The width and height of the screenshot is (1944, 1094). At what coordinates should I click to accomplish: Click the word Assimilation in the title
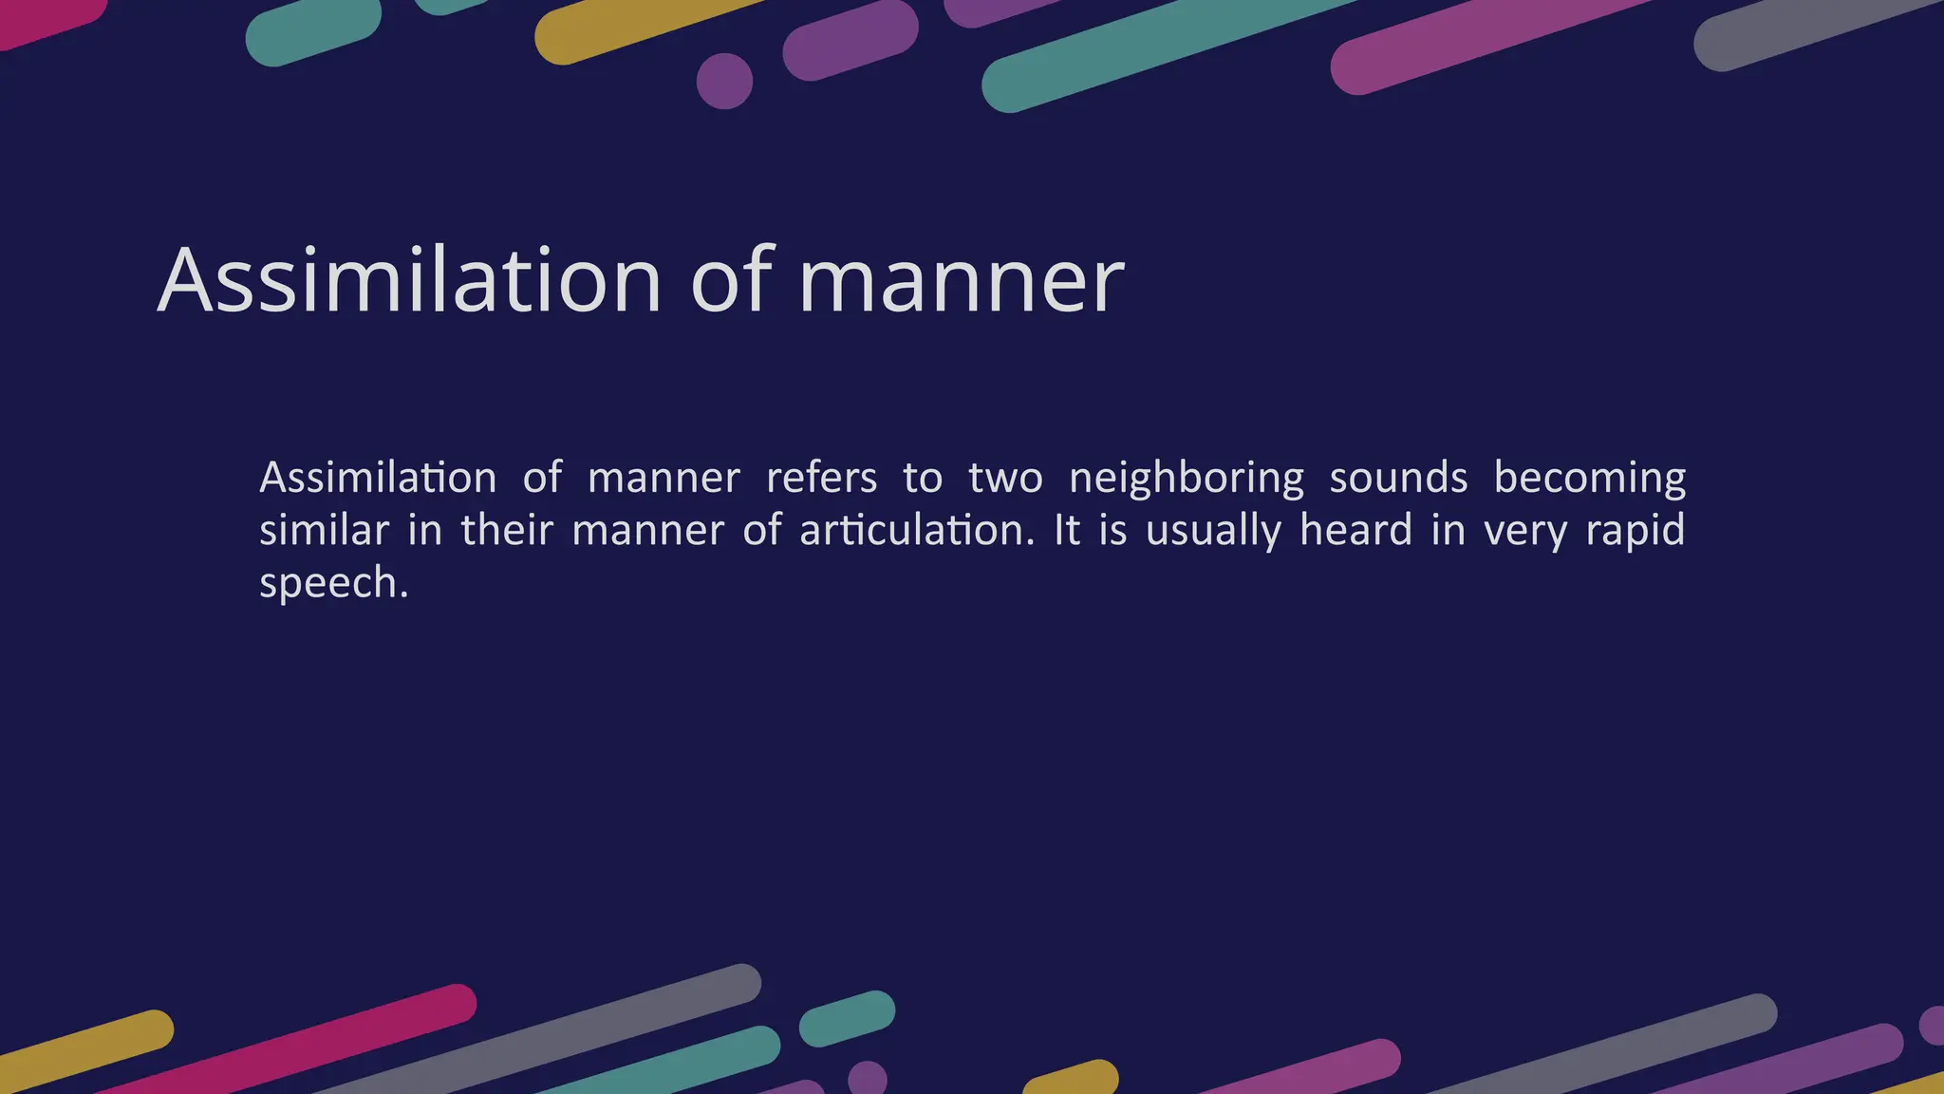click(x=408, y=280)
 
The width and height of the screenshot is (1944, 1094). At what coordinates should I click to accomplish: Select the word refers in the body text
click(x=821, y=478)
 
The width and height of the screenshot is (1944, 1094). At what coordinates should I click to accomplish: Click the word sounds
click(x=1398, y=478)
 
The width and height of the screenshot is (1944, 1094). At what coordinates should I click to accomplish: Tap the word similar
click(x=324, y=530)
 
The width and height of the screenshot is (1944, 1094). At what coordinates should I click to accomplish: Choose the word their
click(x=506, y=530)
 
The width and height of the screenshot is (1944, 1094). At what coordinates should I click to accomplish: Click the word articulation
click(x=916, y=530)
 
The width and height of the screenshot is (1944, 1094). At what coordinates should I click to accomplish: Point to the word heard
click(x=1355, y=530)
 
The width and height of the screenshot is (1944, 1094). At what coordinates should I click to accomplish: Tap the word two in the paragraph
click(x=1005, y=478)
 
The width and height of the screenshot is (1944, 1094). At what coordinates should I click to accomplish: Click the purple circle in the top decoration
click(x=724, y=81)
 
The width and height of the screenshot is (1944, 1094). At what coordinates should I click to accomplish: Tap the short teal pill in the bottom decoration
click(x=847, y=1019)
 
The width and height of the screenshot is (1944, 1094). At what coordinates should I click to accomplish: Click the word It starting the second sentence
click(x=1067, y=530)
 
